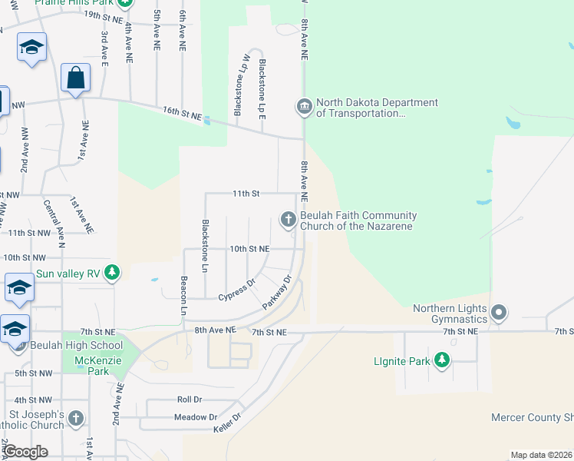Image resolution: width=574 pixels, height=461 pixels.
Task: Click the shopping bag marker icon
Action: click(x=75, y=78)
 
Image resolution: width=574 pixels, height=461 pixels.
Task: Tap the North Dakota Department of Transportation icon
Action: click(x=304, y=106)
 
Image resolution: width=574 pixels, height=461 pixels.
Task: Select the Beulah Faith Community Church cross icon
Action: click(x=289, y=221)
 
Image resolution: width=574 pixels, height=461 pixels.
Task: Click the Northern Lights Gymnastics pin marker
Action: click(x=499, y=312)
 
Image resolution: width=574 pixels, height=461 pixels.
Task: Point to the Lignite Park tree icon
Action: click(x=442, y=360)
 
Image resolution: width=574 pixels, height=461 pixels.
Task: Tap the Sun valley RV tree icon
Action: click(x=112, y=273)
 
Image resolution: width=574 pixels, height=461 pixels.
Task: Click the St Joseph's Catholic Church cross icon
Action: click(x=75, y=419)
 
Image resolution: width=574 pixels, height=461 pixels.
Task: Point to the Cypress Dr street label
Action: click(x=236, y=293)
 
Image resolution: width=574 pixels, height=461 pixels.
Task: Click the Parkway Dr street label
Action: click(x=278, y=292)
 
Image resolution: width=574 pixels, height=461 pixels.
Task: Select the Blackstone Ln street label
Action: click(x=205, y=246)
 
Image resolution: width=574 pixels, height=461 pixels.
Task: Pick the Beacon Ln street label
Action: click(x=184, y=296)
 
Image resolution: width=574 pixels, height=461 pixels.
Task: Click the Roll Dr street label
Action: click(x=189, y=400)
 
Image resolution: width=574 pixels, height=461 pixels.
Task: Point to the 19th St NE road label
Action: click(x=104, y=15)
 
